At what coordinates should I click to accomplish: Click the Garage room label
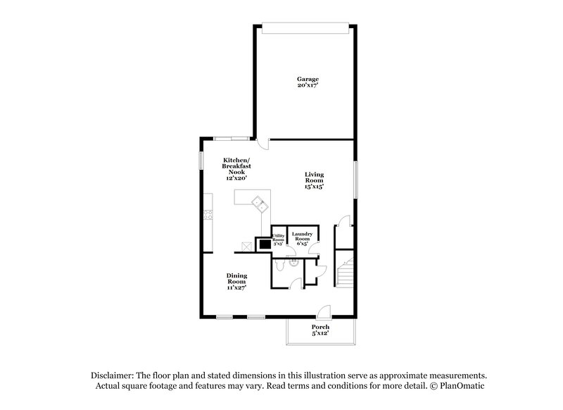(308, 79)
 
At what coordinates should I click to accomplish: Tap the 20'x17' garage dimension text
(308, 86)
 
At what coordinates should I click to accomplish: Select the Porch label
(320, 328)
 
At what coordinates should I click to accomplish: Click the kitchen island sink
(260, 205)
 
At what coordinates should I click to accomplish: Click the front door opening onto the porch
(323, 313)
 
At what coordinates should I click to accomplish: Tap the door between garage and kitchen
(262, 144)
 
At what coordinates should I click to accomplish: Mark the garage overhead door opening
(304, 27)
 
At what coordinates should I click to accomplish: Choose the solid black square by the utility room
(263, 244)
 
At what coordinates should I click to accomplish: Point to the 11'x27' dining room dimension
(236, 288)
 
